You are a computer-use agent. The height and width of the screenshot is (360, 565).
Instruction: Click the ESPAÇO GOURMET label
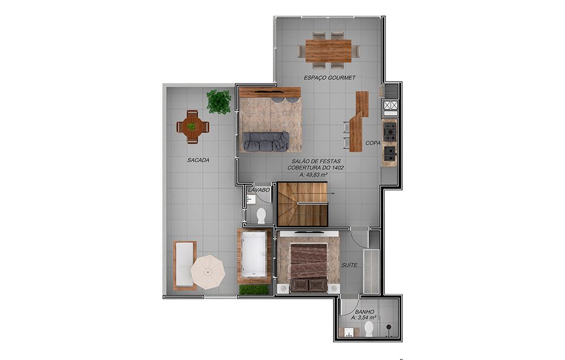click(329, 77)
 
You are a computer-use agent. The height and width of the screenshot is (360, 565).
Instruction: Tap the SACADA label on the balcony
click(198, 160)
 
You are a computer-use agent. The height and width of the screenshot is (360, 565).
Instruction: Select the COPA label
click(373, 143)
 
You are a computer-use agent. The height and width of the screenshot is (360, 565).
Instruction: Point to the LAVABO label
click(259, 189)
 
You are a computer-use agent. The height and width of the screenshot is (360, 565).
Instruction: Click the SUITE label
click(349, 265)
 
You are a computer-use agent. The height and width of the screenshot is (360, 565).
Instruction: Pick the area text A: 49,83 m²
click(314, 175)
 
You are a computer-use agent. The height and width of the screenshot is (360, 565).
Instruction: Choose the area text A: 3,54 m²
click(364, 318)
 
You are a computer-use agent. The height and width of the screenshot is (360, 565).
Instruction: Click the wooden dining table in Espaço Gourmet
click(328, 50)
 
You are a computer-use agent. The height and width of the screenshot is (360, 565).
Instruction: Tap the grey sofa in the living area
click(266, 141)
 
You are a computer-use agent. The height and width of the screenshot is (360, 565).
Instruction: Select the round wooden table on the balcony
click(193, 127)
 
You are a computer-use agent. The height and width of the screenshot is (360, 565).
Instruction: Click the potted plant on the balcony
click(219, 102)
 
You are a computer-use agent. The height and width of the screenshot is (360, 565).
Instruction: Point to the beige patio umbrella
click(208, 271)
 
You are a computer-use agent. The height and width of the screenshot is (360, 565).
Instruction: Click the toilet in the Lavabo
click(261, 215)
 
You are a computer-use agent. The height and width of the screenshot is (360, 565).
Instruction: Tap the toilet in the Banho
click(369, 329)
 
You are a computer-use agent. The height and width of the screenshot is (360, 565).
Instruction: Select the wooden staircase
click(302, 204)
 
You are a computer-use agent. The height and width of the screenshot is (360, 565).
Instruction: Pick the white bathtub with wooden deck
click(254, 255)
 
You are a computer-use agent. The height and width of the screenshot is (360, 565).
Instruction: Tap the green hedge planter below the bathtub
click(254, 289)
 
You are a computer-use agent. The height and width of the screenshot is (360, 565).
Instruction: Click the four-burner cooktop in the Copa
click(389, 132)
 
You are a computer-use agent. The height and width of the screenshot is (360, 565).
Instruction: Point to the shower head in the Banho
click(389, 327)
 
